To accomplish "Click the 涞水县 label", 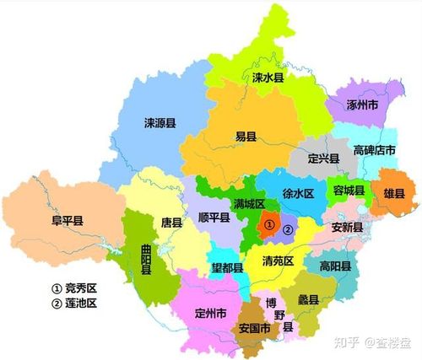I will pyautogui.click(x=269, y=77).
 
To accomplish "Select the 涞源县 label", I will pyautogui.click(x=159, y=122).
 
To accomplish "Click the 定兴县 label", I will pyautogui.click(x=322, y=158).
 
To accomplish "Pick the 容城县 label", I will pyautogui.click(x=348, y=190).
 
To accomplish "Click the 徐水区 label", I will pyautogui.click(x=297, y=193).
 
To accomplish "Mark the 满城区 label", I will pyautogui.click(x=249, y=204).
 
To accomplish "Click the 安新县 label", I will pyautogui.click(x=346, y=227).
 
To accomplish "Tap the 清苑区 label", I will pyautogui.click(x=279, y=261).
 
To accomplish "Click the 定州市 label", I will pyautogui.click(x=210, y=314).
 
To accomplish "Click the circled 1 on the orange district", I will pyautogui.click(x=268, y=225).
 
